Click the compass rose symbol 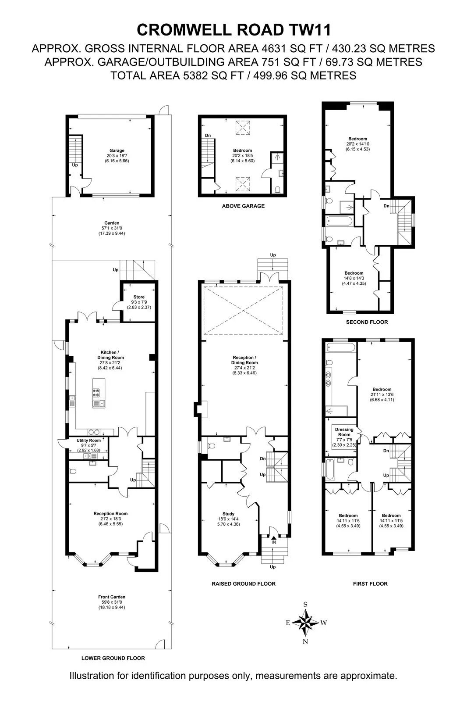coord(305,623)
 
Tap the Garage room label coord(117,150)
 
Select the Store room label coord(139,297)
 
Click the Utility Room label coord(88,441)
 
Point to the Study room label coord(229,514)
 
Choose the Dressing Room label coord(344,432)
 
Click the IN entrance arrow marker coord(273,538)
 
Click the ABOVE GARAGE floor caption coord(243,206)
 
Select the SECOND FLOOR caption coord(367,322)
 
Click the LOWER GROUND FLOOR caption coord(113,658)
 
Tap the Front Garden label coord(112,597)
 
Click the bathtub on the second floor coord(339,221)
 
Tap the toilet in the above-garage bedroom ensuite coord(277,190)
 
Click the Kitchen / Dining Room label coord(110,355)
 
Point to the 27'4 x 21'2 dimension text coord(244,368)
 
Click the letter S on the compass coord(305,605)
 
